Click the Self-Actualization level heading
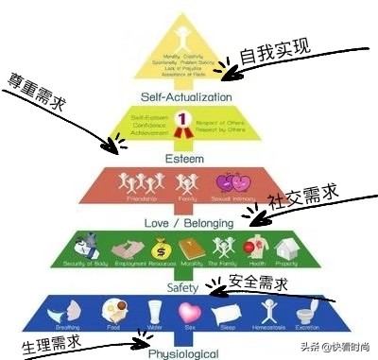[x=186, y=97]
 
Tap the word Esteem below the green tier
[x=184, y=159]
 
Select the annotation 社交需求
[x=301, y=201]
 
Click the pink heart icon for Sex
[x=190, y=310]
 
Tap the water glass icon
[x=154, y=311]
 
